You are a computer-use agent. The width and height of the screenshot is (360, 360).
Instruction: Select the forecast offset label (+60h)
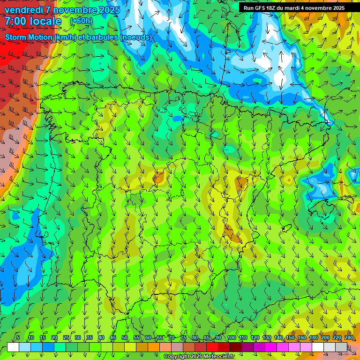81,21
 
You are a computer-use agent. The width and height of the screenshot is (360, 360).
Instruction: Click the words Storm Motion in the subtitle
28,37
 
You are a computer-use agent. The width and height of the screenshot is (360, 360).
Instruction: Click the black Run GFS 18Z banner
294,8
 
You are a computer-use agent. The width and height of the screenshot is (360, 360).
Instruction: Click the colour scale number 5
18,338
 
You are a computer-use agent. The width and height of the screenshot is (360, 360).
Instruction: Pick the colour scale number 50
125,338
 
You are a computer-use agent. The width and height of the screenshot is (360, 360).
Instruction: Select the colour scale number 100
231,338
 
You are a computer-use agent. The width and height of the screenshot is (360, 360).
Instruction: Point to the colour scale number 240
349,338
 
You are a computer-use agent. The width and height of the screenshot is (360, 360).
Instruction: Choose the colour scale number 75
183,338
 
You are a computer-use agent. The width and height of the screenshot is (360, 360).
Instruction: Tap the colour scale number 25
66,338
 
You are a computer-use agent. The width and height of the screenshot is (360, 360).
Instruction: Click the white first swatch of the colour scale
13,347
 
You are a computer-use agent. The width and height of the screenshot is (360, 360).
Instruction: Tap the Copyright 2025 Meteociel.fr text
199,357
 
